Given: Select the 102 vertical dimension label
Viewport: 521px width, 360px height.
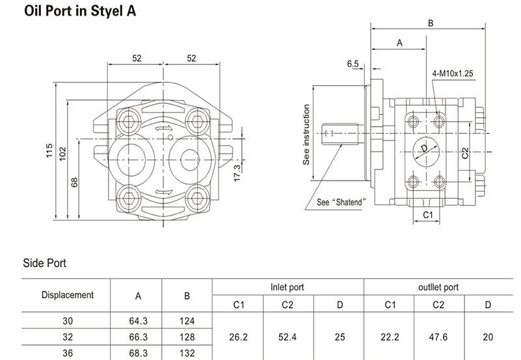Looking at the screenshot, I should pyautogui.click(x=62, y=153).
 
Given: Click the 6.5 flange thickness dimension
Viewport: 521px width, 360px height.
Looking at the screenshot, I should pyautogui.click(x=353, y=64).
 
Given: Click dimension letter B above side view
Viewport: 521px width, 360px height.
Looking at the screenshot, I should pyautogui.click(x=430, y=23).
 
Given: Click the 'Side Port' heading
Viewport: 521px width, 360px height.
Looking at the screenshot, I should pyautogui.click(x=44, y=263).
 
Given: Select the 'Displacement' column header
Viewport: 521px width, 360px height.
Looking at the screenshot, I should pyautogui.click(x=67, y=294).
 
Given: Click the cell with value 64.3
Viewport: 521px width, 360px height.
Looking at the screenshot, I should pyautogui.click(x=138, y=320).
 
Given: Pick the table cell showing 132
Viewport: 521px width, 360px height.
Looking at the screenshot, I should pyautogui.click(x=187, y=353).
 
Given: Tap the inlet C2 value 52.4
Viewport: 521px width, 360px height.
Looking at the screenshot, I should pyautogui.click(x=288, y=337).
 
